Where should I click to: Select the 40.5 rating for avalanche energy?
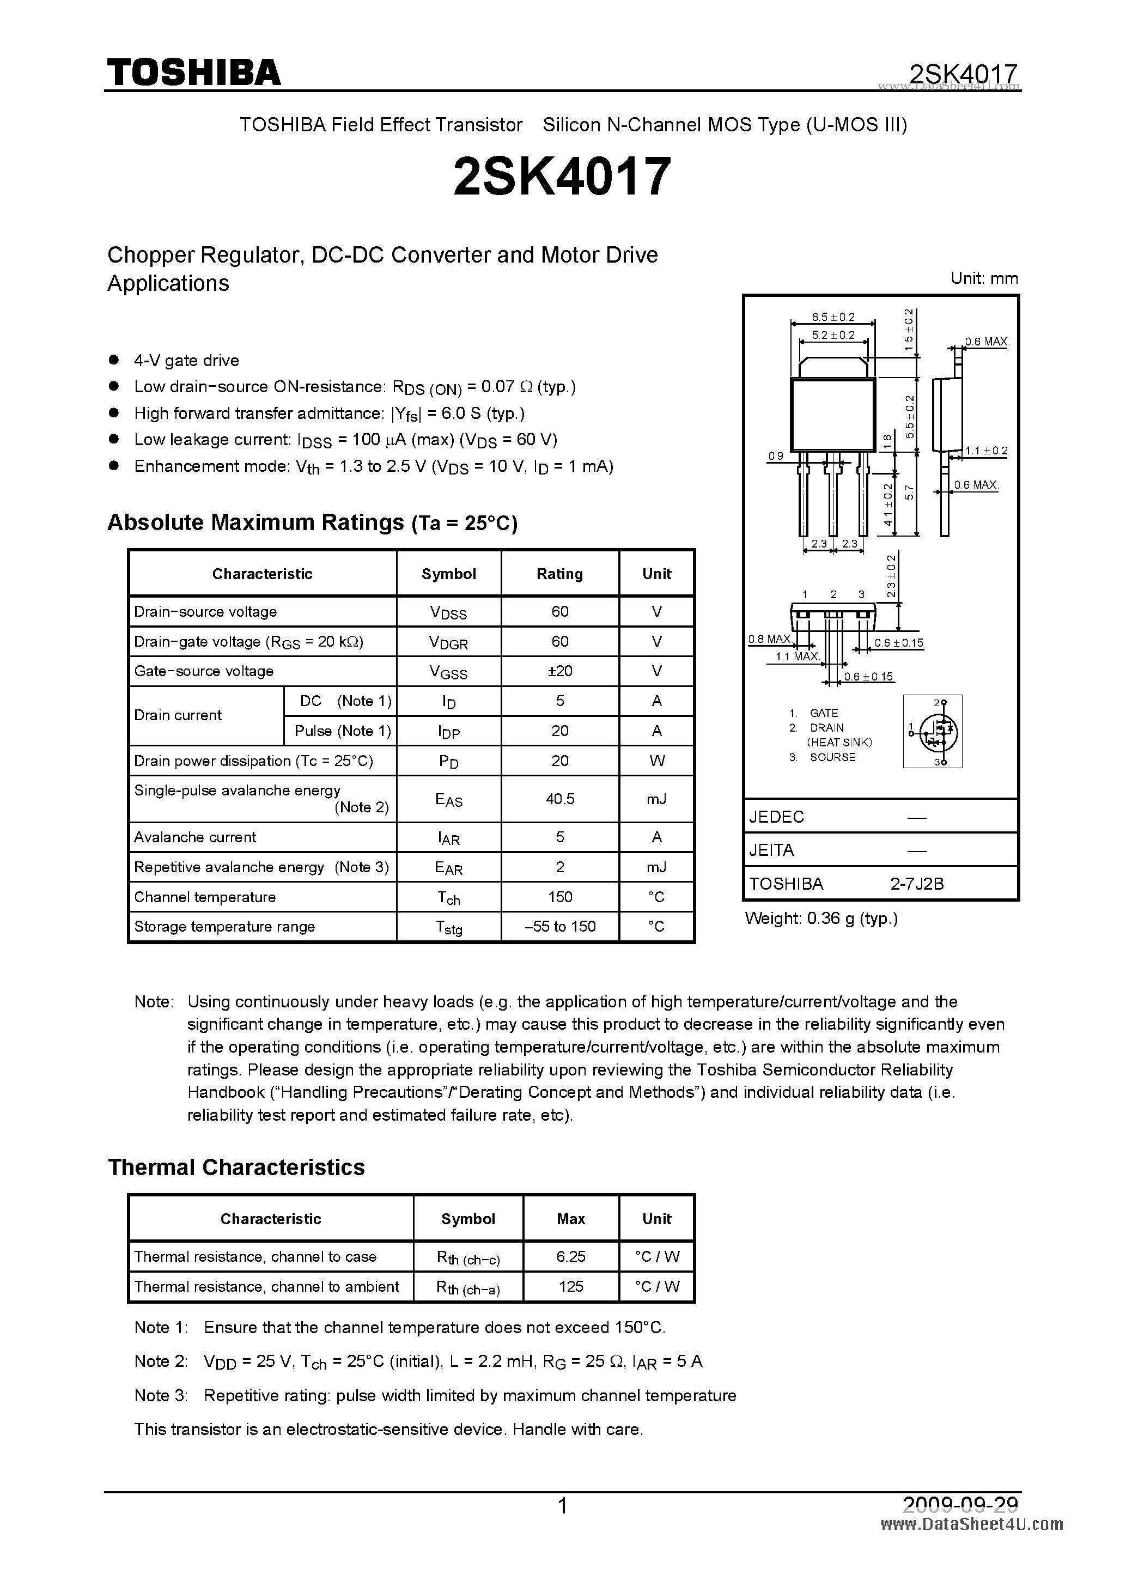(x=560, y=799)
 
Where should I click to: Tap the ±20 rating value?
(x=560, y=671)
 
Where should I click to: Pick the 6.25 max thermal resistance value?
(x=571, y=1256)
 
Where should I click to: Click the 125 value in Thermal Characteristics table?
(x=571, y=1286)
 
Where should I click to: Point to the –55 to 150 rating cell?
(x=560, y=926)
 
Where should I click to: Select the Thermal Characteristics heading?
(x=236, y=1167)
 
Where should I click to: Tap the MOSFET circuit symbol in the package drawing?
(x=933, y=731)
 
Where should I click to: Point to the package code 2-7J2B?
(x=917, y=884)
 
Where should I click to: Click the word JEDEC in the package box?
(x=776, y=817)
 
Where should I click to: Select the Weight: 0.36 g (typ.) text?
(x=821, y=919)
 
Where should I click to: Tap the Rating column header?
(x=560, y=574)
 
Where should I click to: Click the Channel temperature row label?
(x=205, y=897)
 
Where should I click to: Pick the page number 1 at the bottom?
(x=563, y=1506)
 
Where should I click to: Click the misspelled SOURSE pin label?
(x=832, y=757)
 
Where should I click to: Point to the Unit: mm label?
(x=984, y=278)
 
